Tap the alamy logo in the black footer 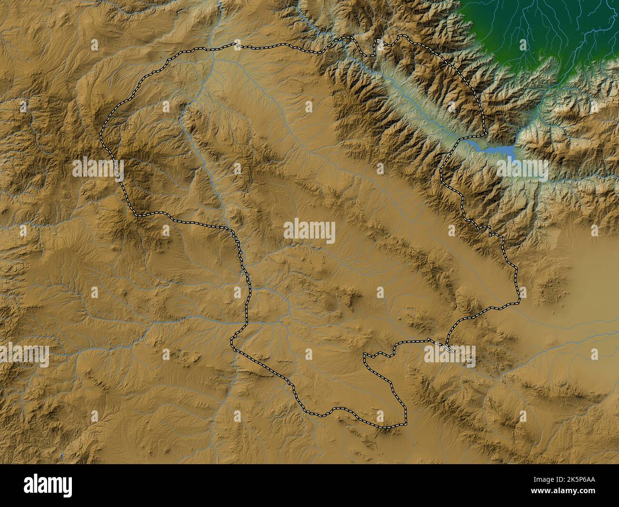pos(48,485)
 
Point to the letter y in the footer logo pos(67,487)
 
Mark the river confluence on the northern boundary pos(212,50)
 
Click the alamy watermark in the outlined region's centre pos(309,232)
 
